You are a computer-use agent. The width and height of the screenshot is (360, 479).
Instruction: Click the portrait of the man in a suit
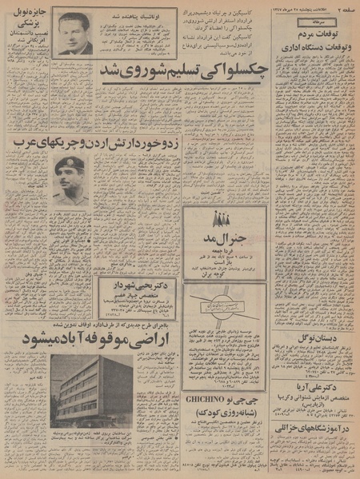[74, 33]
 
